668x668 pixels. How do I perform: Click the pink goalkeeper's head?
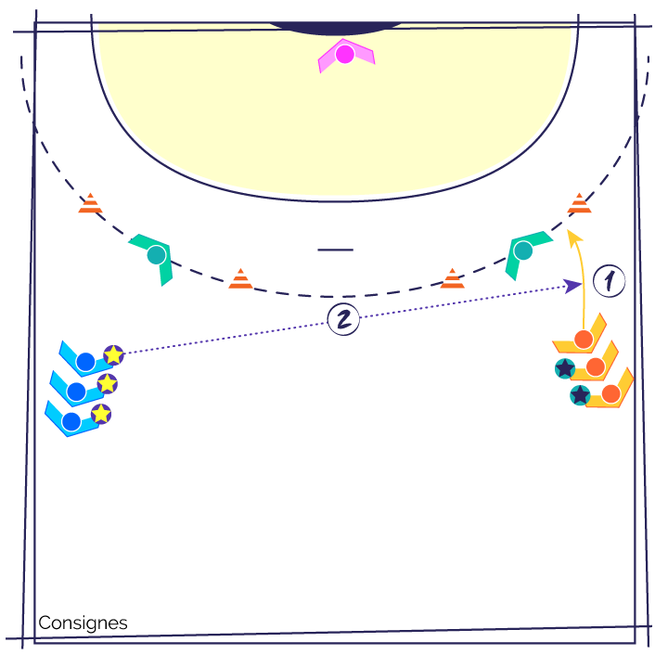(344, 54)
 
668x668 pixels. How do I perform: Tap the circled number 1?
(610, 281)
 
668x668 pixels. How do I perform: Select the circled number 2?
(343, 319)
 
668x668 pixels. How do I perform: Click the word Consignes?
(83, 623)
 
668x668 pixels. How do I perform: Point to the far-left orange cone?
(90, 203)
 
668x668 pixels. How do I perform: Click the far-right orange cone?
(579, 203)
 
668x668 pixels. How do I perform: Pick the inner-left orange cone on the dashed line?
(240, 278)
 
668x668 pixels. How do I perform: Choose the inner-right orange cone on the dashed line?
(453, 278)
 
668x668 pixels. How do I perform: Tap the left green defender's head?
(157, 255)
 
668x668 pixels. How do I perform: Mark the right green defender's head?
(523, 250)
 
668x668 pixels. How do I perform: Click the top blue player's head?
(85, 362)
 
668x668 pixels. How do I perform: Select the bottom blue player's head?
(71, 422)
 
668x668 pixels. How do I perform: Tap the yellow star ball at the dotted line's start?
(114, 354)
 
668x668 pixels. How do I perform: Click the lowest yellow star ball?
(101, 414)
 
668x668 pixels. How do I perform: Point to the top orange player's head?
(584, 340)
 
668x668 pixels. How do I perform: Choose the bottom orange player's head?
(610, 394)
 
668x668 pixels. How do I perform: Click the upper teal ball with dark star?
(565, 368)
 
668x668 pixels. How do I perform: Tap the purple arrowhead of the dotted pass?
(572, 286)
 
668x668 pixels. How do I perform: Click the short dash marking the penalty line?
(336, 250)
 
